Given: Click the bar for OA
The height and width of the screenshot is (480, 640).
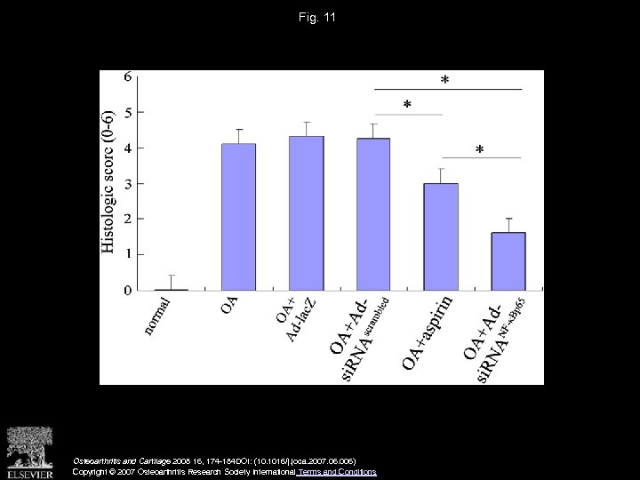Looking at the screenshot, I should pos(238,217).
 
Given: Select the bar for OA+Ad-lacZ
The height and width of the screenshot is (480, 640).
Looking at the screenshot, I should pos(306,213).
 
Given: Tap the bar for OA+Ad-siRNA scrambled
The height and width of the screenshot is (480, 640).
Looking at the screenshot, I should pos(373,214).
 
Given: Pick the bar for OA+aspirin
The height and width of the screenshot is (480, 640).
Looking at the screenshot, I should pos(442,236).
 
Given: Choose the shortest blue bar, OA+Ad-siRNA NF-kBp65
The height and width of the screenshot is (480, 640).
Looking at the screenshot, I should pos(508,261).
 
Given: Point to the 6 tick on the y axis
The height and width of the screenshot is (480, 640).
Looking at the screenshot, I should pos(128,76).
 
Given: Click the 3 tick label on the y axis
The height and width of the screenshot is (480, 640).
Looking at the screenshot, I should pos(128,183).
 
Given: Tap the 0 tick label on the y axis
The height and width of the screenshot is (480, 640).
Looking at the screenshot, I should pos(128,290).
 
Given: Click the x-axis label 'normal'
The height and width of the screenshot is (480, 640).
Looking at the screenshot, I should pos(157,316).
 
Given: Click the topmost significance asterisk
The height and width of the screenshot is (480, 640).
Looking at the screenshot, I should pos(444,81).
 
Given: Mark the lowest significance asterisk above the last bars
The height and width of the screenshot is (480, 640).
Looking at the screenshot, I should pos(480,150).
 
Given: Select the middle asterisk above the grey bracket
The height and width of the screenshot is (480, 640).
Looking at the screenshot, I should pos(407,106).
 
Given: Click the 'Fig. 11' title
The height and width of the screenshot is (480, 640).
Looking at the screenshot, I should pos(319,17).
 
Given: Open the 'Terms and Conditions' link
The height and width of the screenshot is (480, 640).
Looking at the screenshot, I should pos(338,472).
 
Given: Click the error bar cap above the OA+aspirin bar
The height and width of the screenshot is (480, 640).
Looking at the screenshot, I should pos(442,169).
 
